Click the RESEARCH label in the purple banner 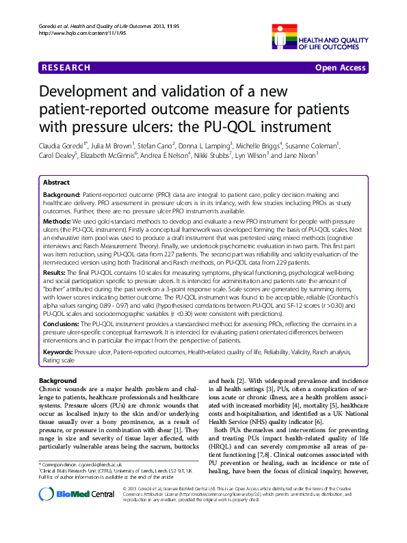pyautogui.click(x=66, y=68)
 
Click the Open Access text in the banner pyautogui.click(x=340, y=68)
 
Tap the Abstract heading pyautogui.click(x=56, y=183)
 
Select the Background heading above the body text pyautogui.click(x=58, y=380)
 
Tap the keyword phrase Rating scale pyautogui.click(x=59, y=358)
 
